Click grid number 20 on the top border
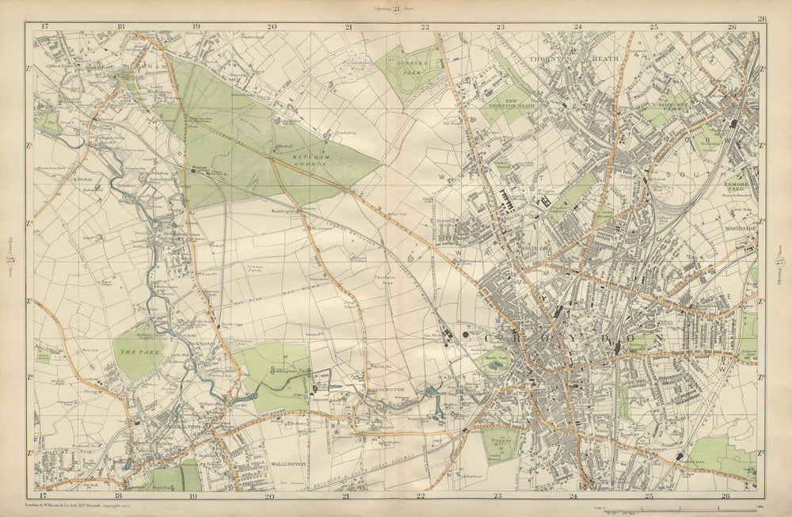pyautogui.click(x=272, y=26)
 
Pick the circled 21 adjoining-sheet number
pyautogui.click(x=395, y=9)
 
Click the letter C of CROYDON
pyautogui.click(x=468, y=336)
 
